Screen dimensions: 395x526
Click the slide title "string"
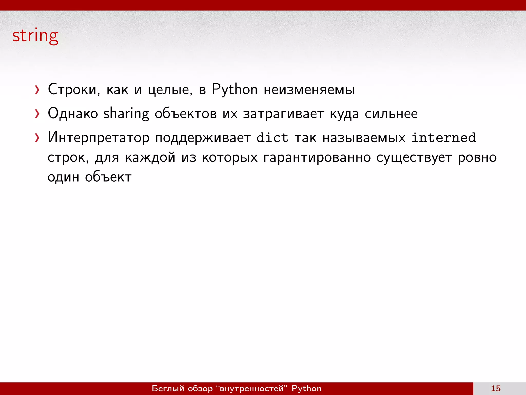[x=35, y=36]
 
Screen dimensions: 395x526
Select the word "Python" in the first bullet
[x=234, y=90]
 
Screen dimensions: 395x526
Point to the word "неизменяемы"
[x=309, y=90]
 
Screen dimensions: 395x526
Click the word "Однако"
[x=73, y=114]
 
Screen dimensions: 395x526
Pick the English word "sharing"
[x=126, y=114]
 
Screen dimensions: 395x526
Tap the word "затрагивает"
[x=283, y=114]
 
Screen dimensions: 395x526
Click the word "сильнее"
[x=391, y=114]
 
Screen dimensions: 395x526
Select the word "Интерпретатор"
[x=99, y=138]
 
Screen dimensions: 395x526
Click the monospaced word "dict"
[x=272, y=138]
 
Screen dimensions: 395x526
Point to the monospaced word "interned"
[x=444, y=138]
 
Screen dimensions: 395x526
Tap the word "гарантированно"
[x=317, y=157]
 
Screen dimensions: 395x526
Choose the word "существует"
[x=414, y=157]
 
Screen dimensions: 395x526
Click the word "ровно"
[x=477, y=157]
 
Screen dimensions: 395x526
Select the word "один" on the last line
[x=63, y=177]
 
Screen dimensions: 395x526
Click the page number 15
[x=496, y=388]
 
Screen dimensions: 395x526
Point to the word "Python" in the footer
[x=306, y=388]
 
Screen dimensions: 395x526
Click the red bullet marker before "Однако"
[x=37, y=114]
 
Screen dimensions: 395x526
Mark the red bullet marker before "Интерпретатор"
[x=37, y=138]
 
